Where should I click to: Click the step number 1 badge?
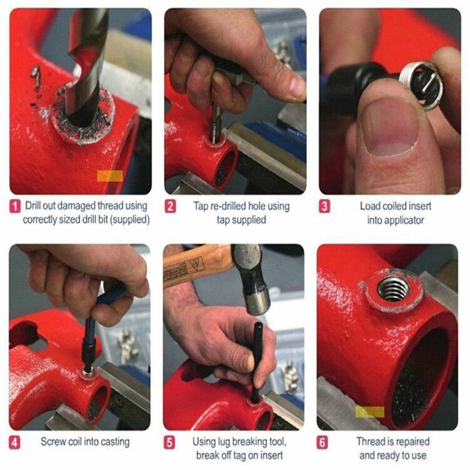(x=15, y=206)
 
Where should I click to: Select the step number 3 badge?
(x=324, y=206)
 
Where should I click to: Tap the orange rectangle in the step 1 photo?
(x=110, y=176)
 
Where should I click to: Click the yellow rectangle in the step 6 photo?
(x=370, y=412)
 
